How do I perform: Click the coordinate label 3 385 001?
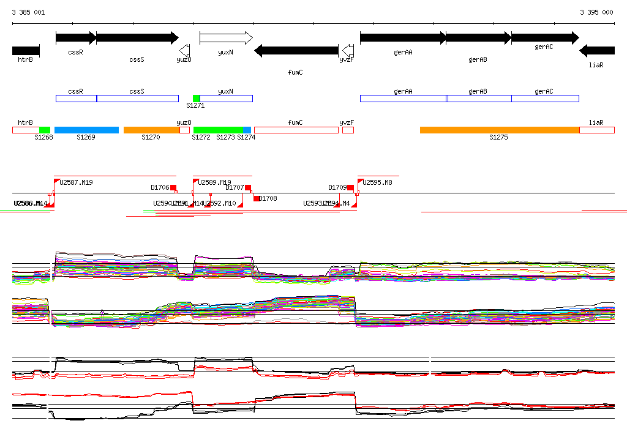28,12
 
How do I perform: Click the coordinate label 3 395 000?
596,12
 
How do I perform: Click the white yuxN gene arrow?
226,38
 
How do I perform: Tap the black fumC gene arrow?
296,50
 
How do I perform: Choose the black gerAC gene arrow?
544,38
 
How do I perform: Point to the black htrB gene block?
26,50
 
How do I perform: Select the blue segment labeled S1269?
86,130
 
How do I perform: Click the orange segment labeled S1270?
151,130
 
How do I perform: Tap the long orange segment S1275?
499,130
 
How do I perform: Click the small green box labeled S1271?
196,99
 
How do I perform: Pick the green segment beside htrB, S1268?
45,130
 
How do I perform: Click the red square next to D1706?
173,188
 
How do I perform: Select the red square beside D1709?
351,188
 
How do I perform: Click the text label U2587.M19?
77,182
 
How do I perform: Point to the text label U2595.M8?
378,182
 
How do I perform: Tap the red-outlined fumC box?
296,130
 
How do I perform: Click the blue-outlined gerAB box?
479,99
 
